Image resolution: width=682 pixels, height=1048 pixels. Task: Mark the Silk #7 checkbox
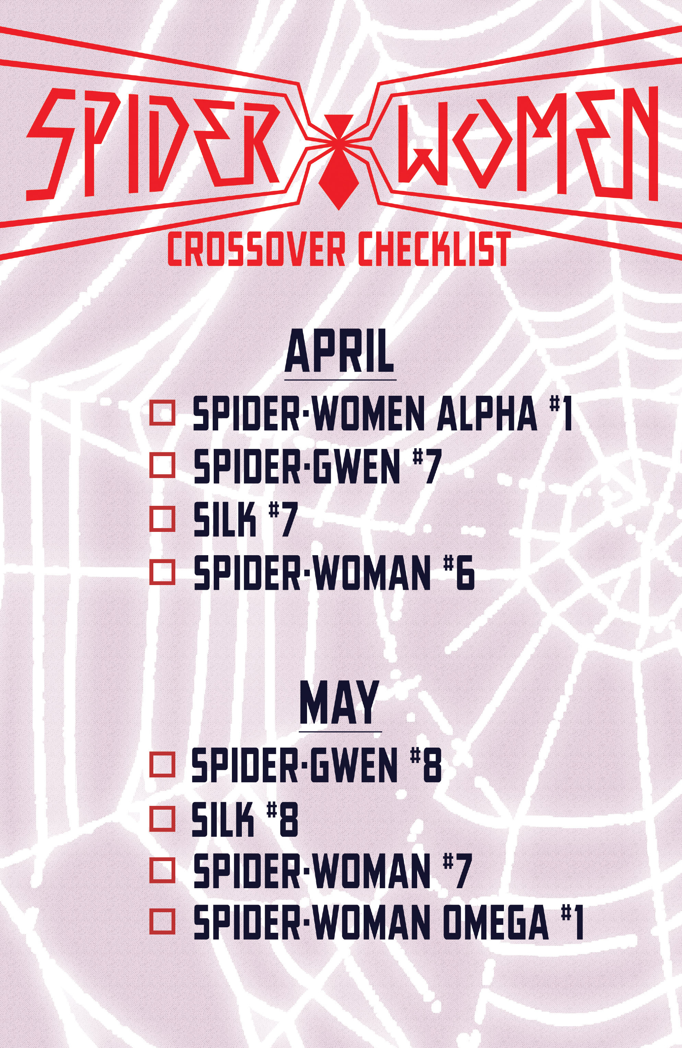163,519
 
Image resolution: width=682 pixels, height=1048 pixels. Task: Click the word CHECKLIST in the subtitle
434,249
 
